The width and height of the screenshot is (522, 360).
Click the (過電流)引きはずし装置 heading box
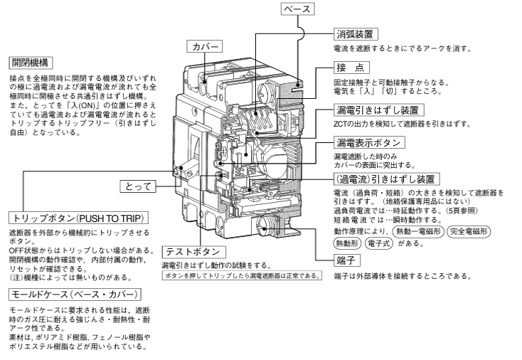pos(383,179)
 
